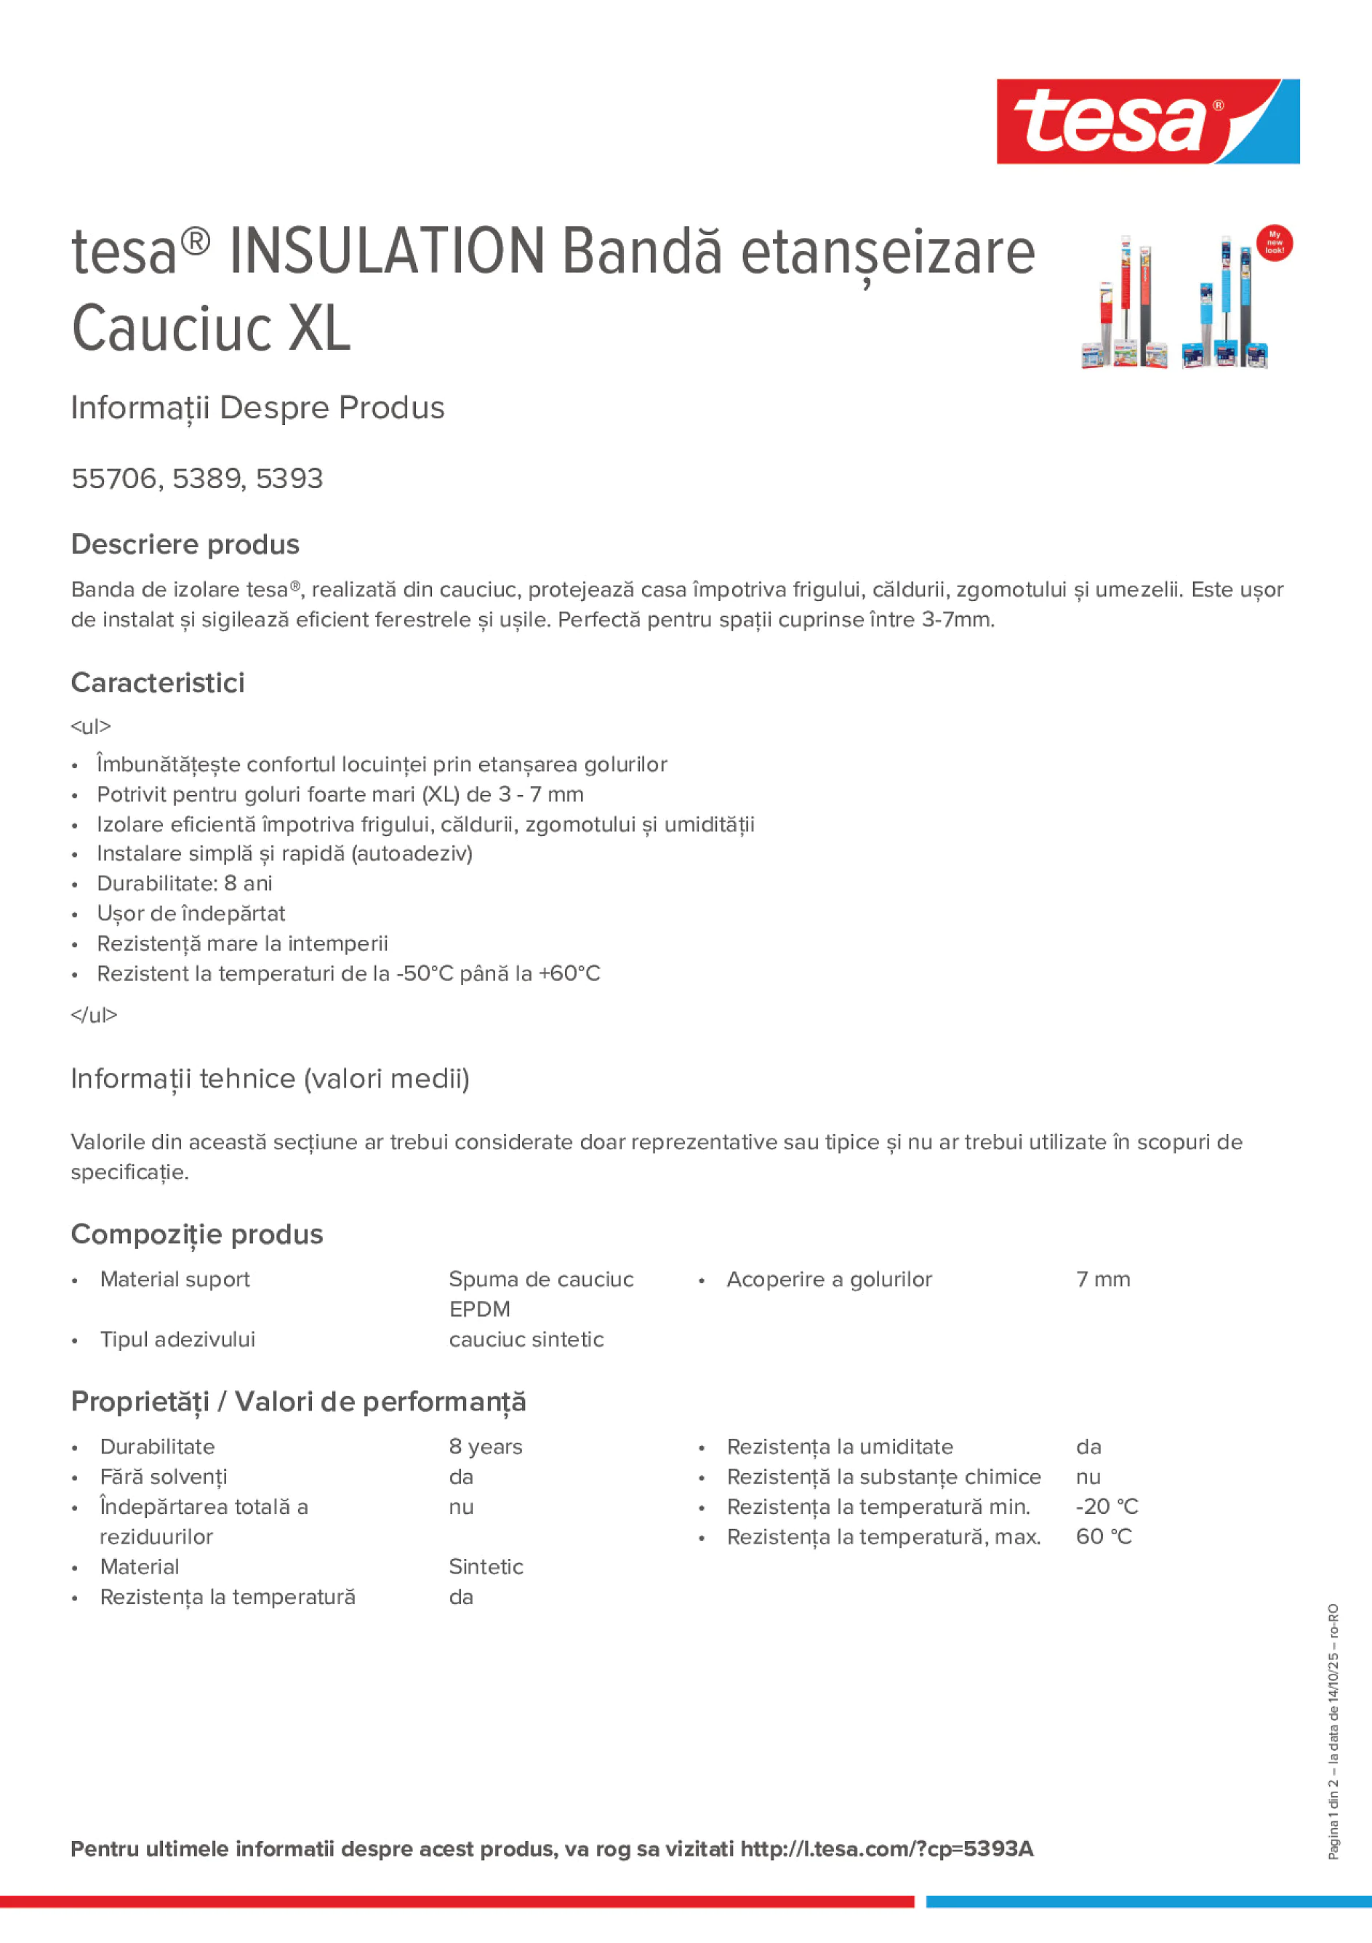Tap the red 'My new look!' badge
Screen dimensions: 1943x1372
(x=1274, y=243)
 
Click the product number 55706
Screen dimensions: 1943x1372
(x=114, y=478)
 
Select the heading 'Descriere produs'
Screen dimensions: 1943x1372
(x=185, y=544)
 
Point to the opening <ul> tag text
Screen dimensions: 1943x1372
(x=90, y=726)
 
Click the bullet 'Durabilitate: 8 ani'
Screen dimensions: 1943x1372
(x=185, y=884)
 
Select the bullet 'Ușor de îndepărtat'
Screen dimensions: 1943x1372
(x=190, y=913)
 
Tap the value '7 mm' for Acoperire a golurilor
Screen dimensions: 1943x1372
(x=1103, y=1279)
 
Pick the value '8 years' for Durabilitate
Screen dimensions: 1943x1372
(x=486, y=1446)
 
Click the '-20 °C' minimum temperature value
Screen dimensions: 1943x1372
(x=1107, y=1507)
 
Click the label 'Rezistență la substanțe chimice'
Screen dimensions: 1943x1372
(x=883, y=1477)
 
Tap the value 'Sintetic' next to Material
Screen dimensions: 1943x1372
(x=486, y=1566)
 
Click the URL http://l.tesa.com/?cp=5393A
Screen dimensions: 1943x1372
(x=886, y=1848)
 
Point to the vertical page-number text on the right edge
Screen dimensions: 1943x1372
(x=1333, y=1731)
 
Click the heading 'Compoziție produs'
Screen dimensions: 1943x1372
(x=197, y=1234)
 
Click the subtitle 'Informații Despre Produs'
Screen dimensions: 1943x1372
(x=258, y=407)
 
